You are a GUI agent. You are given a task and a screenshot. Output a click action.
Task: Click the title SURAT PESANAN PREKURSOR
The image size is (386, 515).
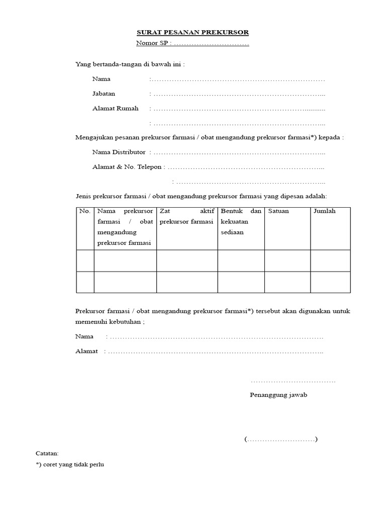[193, 33]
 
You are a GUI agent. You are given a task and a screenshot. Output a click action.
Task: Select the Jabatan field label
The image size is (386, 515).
[104, 94]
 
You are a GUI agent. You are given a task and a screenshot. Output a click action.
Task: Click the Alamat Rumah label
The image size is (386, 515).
[116, 108]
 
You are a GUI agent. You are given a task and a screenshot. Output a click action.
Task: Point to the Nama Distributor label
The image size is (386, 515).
[119, 152]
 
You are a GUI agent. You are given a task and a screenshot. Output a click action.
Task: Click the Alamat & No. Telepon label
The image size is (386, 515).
[128, 166]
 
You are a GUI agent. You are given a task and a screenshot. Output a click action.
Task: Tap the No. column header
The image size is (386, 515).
[85, 211]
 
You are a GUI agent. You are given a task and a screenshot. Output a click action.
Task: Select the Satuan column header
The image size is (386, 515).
[278, 211]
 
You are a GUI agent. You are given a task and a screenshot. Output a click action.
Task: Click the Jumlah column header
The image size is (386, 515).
[324, 211]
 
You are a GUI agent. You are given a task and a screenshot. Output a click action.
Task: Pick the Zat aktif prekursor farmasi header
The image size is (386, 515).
[186, 216]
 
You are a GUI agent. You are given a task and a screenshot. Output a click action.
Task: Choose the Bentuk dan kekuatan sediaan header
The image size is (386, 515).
[241, 222]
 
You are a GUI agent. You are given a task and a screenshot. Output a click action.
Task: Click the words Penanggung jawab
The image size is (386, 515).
[278, 395]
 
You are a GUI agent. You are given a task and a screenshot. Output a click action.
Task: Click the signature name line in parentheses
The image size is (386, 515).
[281, 440]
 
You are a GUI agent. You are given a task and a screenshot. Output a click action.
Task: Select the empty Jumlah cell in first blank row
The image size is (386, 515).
[330, 261]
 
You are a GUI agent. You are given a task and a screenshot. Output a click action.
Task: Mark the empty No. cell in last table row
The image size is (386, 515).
[85, 282]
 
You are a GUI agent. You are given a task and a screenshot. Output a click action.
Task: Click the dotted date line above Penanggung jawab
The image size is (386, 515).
[293, 382]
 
